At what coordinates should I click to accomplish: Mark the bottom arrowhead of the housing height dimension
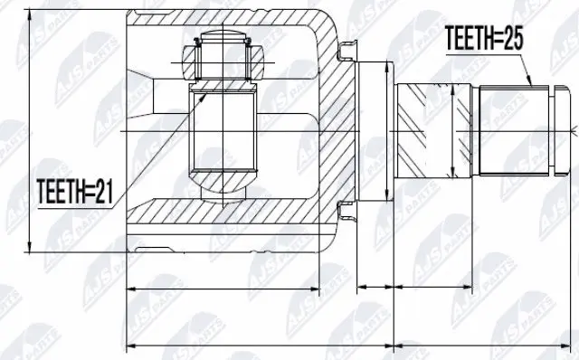coord(32,249)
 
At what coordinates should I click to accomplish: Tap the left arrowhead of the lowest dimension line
coord(128,345)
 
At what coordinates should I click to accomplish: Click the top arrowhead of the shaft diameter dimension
coord(452,85)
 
